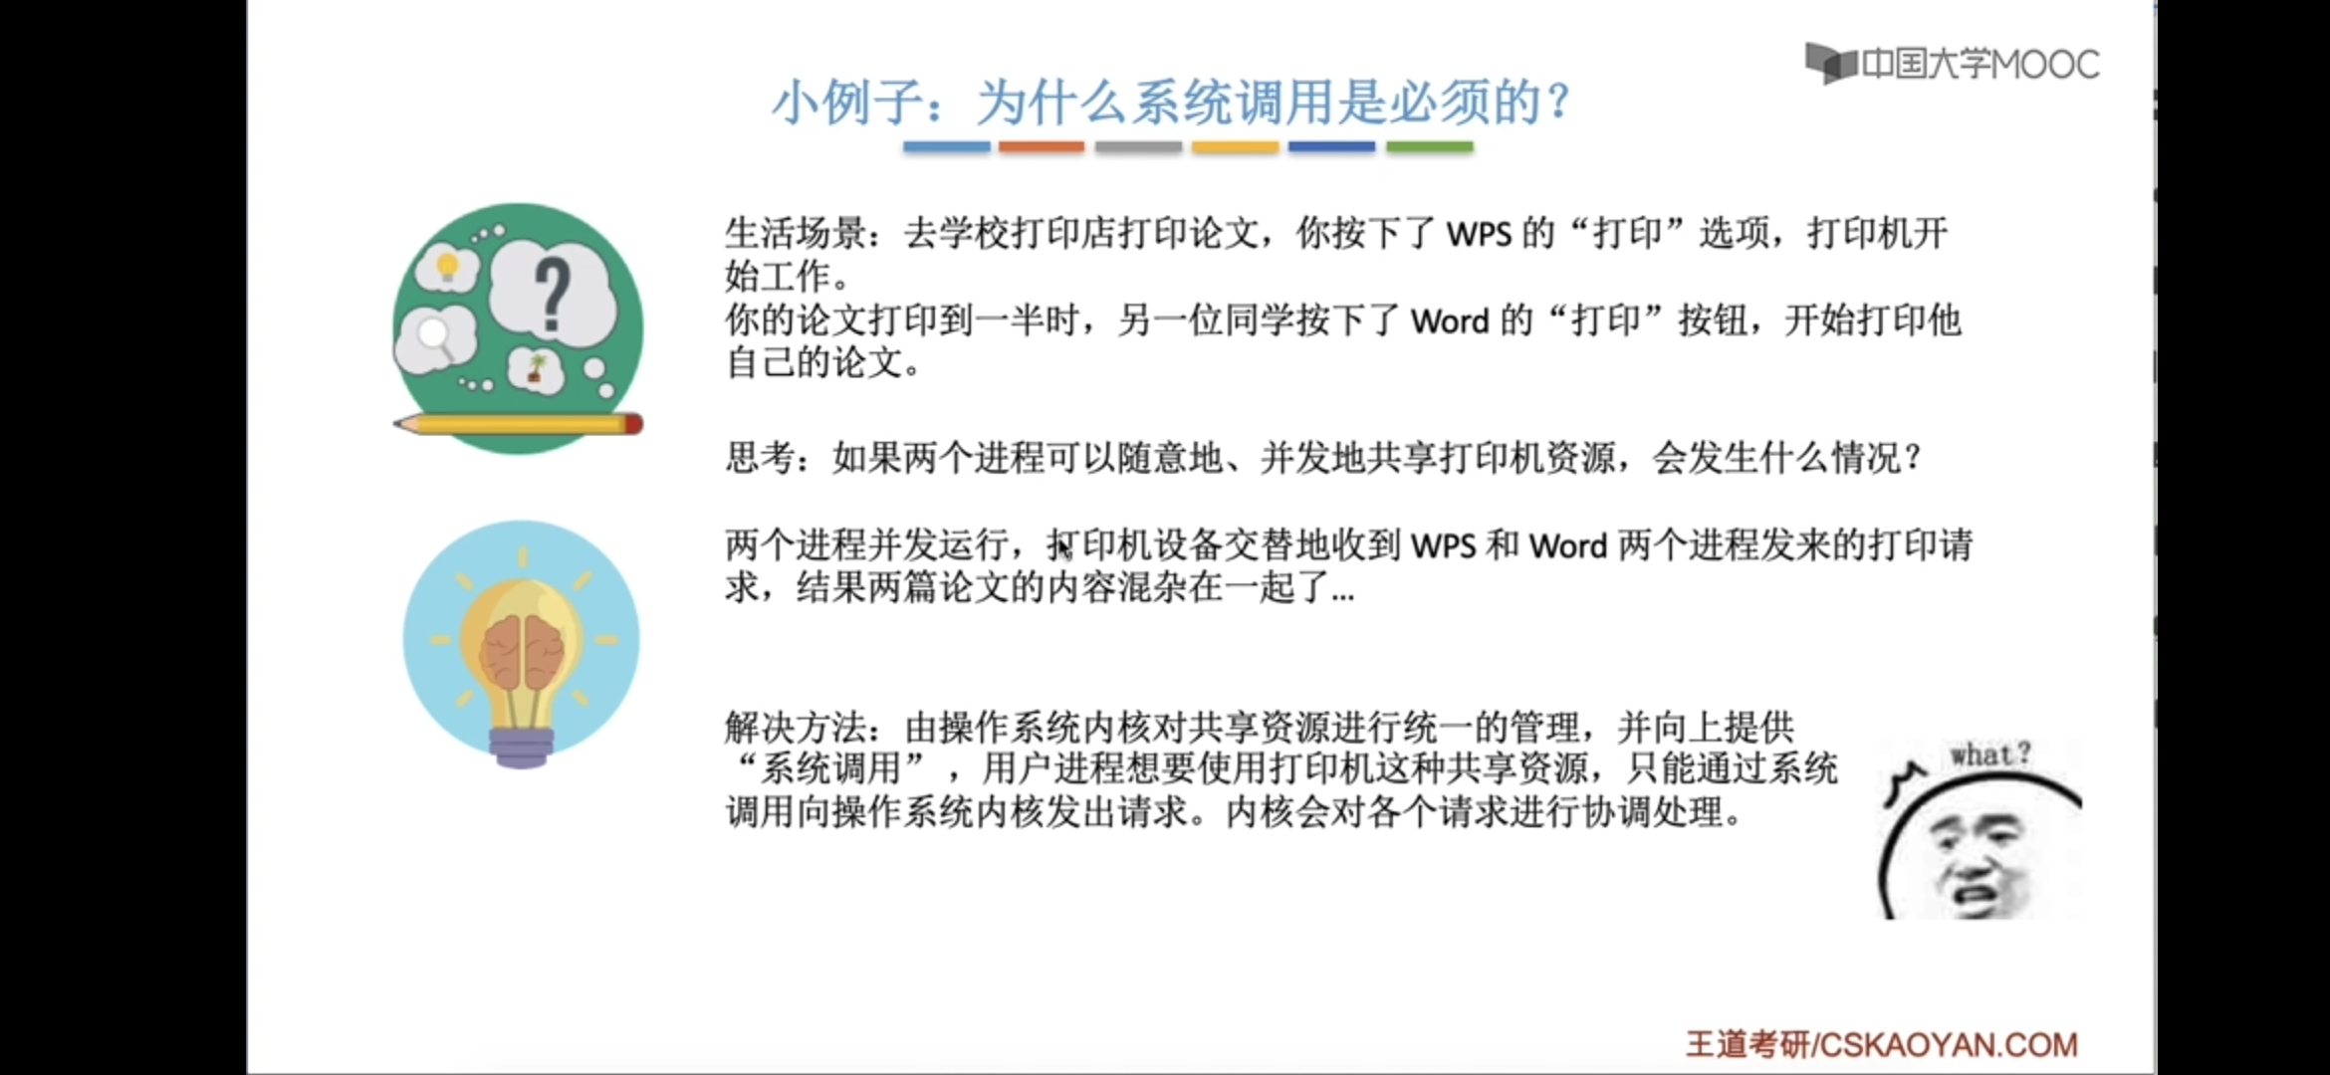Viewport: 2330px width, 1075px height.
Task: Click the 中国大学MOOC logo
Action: tap(1952, 64)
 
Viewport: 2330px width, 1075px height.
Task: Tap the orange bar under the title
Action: tap(1042, 147)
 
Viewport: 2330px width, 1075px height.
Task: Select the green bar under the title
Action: tap(1429, 147)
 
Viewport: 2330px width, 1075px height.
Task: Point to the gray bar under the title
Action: tap(1138, 147)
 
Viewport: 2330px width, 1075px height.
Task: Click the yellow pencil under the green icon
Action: tap(518, 424)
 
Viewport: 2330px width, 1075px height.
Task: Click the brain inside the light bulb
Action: tap(521, 654)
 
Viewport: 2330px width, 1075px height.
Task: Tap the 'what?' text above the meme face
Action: tap(1989, 754)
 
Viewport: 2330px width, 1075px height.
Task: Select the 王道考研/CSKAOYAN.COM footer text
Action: tap(1881, 1044)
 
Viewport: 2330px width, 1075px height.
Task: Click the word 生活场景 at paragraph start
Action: tap(796, 233)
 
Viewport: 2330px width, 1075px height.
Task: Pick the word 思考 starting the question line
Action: tap(760, 458)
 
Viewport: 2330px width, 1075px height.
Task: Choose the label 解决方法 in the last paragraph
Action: tap(796, 728)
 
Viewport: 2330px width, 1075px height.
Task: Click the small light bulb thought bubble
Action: tap(447, 267)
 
